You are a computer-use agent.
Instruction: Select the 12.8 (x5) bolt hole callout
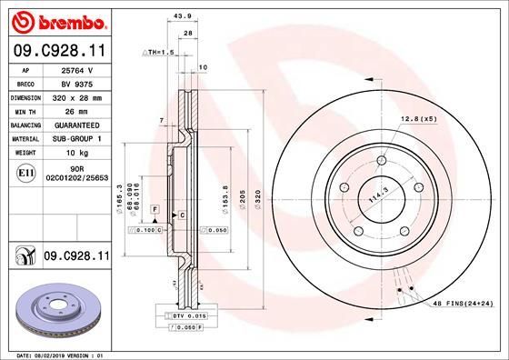tap(419, 119)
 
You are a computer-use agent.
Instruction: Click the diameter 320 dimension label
tap(258, 195)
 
